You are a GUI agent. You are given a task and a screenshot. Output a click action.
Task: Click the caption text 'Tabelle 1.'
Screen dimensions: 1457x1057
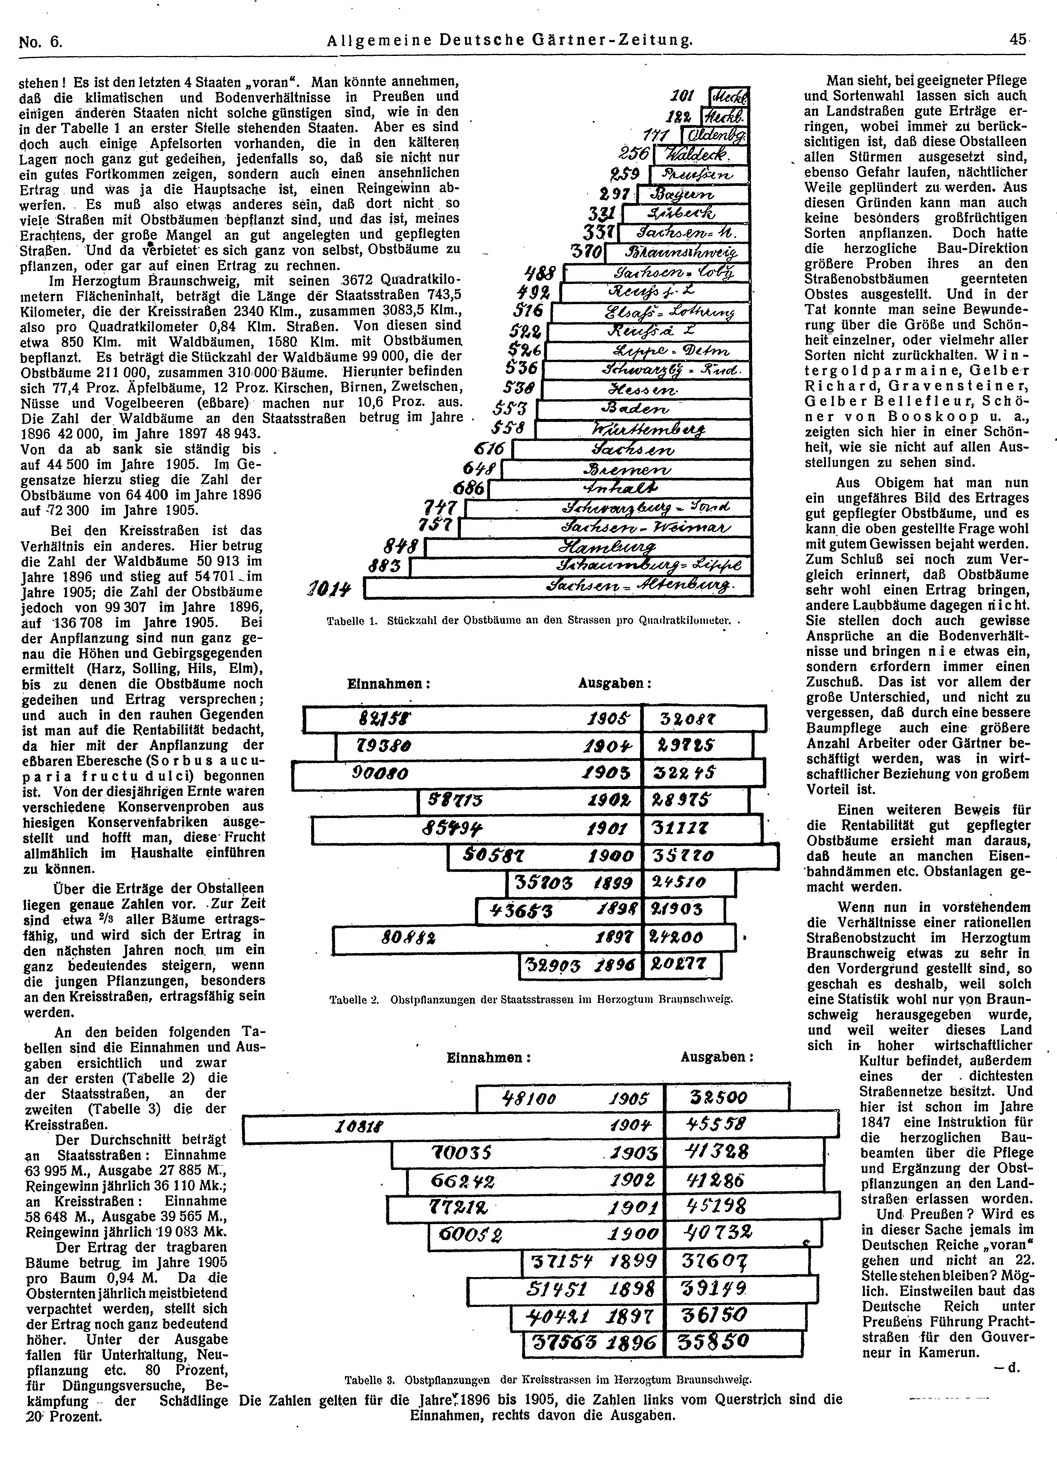[x=348, y=621]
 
